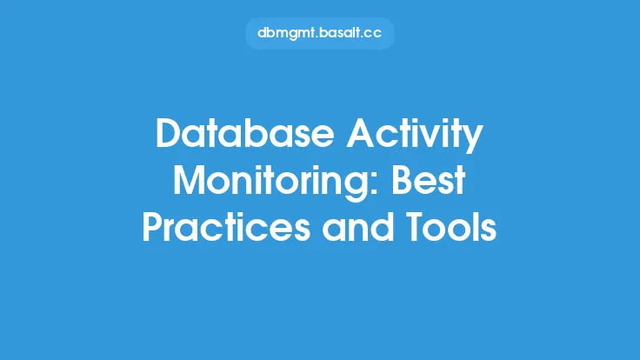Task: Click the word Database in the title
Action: (245, 133)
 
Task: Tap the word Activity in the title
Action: (415, 136)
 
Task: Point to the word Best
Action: (429, 180)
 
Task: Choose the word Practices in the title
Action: (226, 227)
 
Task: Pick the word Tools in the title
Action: (451, 227)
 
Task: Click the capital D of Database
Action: (170, 133)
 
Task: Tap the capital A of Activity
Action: (361, 133)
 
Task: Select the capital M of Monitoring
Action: (190, 180)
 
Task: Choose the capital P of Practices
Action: (153, 227)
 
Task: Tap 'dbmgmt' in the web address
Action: (287, 33)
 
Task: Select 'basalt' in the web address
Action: (340, 33)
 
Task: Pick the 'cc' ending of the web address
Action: (372, 34)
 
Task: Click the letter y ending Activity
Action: (473, 139)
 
